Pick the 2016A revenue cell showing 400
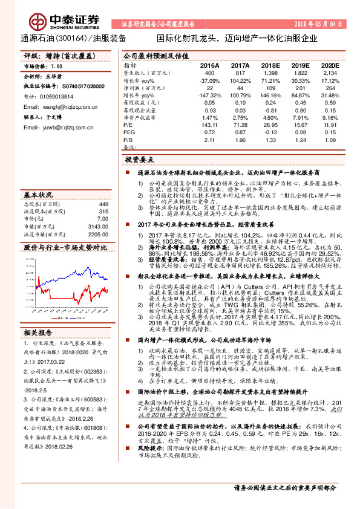pos(210,72)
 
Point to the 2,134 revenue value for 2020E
pos(329,72)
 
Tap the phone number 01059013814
pos(58,96)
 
